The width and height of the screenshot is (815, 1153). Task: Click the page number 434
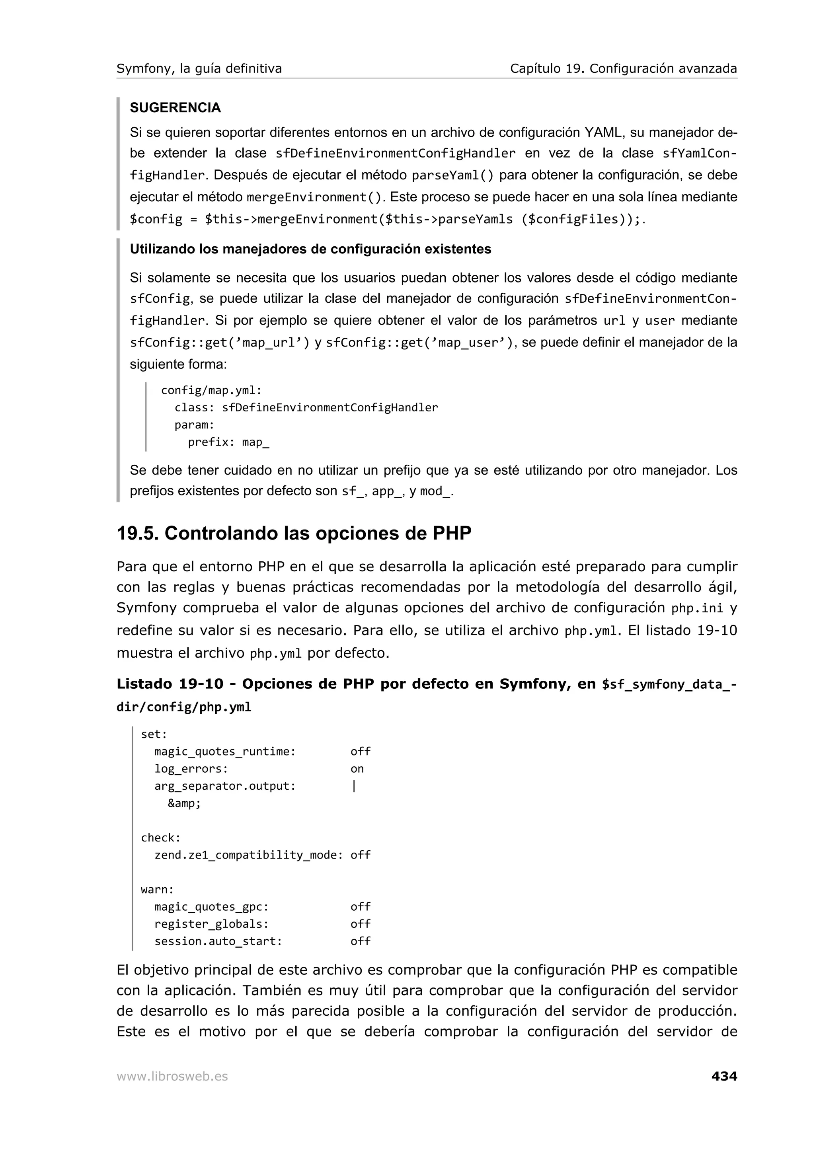[x=723, y=1076]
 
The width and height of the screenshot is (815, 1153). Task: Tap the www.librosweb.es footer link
[x=172, y=1077]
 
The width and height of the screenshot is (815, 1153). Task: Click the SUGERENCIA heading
[x=175, y=107]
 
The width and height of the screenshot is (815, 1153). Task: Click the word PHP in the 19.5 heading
[x=452, y=533]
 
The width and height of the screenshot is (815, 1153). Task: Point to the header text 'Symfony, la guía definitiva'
[x=199, y=68]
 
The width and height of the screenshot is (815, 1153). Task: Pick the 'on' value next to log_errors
[x=357, y=769]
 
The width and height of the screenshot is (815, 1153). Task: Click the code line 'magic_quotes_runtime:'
[x=224, y=752]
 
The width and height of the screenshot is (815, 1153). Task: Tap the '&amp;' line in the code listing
[x=184, y=804]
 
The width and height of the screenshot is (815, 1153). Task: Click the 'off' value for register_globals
[x=360, y=924]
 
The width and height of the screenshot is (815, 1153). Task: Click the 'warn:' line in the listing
[x=157, y=890]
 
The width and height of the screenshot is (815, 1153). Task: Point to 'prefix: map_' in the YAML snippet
[x=228, y=442]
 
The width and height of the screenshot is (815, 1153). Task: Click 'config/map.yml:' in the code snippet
[x=211, y=391]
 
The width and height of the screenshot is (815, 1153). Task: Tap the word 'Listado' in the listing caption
[x=144, y=684]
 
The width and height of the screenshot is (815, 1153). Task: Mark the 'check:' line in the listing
[x=160, y=838]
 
